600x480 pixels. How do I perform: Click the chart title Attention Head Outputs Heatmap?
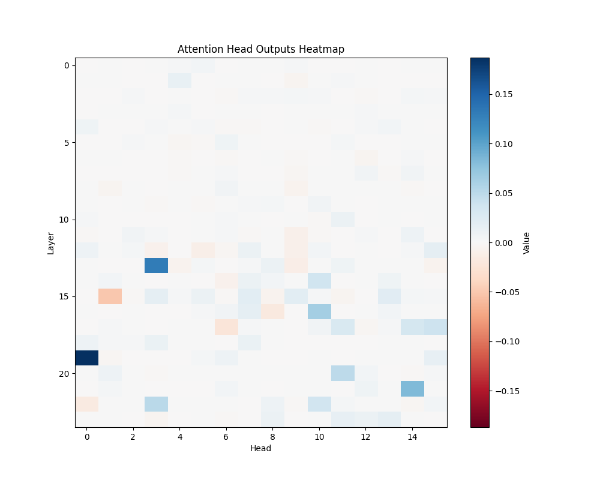(261, 49)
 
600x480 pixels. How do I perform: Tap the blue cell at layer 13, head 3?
(157, 265)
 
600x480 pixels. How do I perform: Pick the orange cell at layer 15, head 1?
(110, 296)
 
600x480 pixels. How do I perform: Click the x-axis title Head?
(261, 448)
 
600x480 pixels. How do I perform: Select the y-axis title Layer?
(51, 242)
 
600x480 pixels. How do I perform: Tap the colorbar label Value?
(526, 242)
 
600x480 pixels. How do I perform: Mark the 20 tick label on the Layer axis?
(65, 373)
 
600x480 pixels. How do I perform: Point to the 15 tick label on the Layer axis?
(65, 296)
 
